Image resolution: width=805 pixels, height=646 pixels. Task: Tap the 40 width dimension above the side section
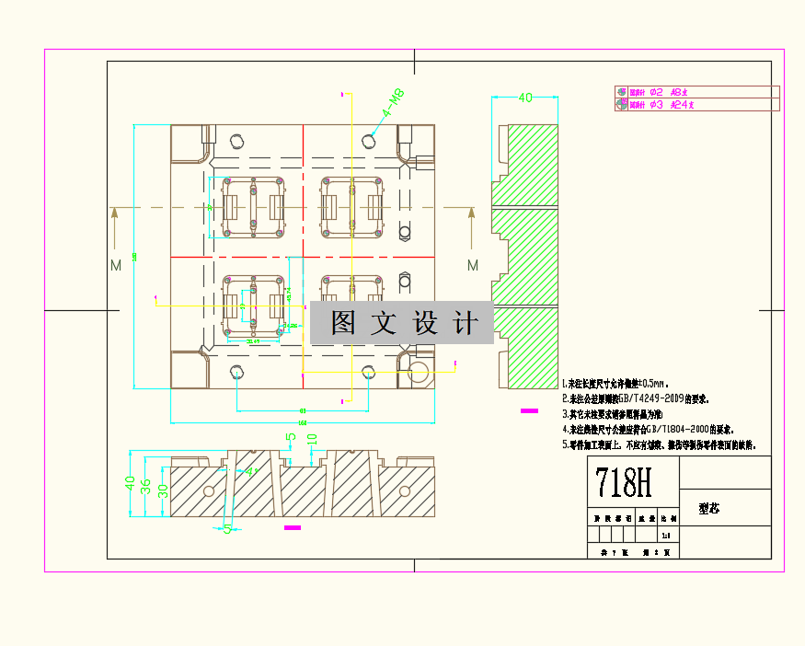click(526, 98)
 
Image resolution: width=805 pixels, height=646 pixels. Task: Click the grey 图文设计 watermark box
click(402, 323)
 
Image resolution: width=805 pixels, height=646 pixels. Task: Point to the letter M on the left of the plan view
click(116, 265)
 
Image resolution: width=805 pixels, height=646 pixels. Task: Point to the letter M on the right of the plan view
click(473, 265)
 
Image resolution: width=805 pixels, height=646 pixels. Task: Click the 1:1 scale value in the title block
click(666, 535)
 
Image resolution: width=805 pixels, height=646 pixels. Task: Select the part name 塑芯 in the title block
click(708, 507)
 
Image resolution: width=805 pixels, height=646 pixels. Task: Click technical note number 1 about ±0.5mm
click(613, 382)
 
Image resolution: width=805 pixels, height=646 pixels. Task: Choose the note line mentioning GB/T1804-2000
click(647, 429)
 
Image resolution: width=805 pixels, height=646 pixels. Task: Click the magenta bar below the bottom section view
click(293, 527)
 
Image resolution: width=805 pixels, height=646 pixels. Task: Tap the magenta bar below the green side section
click(529, 410)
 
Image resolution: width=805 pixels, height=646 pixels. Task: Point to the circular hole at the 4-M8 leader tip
click(369, 141)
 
